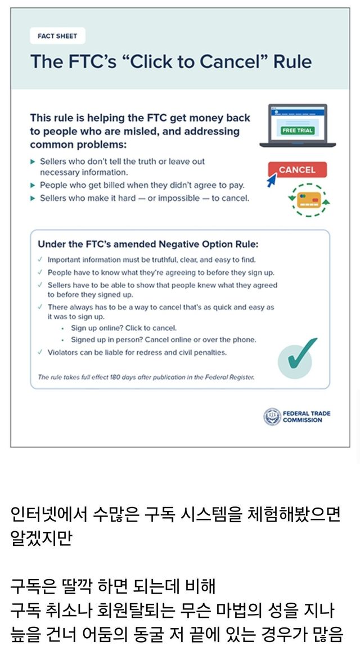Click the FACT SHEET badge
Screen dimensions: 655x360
tap(57, 36)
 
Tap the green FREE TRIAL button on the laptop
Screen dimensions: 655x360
tap(297, 130)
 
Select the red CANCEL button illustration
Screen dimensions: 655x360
tap(297, 169)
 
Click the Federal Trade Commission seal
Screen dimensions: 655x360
tap(272, 416)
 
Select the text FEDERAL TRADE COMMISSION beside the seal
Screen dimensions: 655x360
tap(307, 416)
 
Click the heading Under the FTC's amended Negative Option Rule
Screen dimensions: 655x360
tap(148, 244)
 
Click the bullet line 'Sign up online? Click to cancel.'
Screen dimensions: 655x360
tap(124, 327)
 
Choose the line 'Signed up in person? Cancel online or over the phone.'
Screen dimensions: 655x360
tap(163, 340)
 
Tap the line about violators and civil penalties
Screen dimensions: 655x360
tap(137, 352)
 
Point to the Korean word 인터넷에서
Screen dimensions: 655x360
tap(46, 514)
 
